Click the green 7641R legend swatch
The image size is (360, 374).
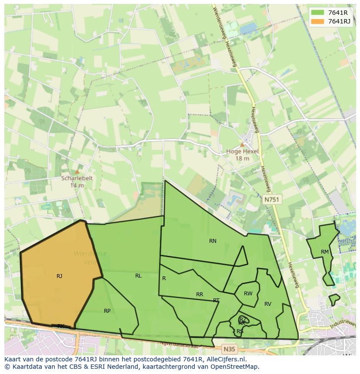[x=318, y=13]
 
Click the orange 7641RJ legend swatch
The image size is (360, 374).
[x=318, y=21]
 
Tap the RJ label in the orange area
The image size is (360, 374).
[x=60, y=276]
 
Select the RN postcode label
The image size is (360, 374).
[x=213, y=241]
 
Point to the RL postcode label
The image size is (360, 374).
[x=138, y=275]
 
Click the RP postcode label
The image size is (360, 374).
[x=107, y=311]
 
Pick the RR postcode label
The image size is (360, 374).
[x=200, y=294]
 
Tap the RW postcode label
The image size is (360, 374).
[x=248, y=294]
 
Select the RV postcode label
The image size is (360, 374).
[x=268, y=304]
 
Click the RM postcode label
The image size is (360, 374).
[x=325, y=252]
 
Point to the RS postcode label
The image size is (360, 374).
[x=240, y=331]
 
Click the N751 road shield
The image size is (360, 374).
[x=272, y=200]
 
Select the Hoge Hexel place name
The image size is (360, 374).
[x=242, y=152]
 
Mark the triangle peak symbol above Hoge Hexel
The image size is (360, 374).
[x=242, y=145]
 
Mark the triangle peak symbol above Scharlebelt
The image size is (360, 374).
[x=77, y=172]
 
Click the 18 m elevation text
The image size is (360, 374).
[x=242, y=159]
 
